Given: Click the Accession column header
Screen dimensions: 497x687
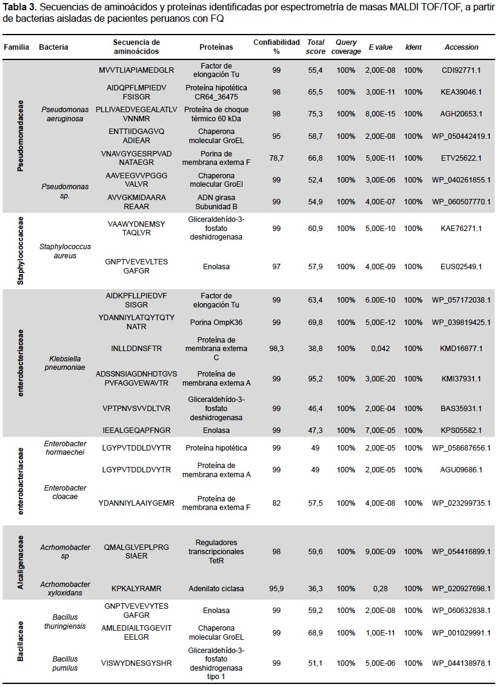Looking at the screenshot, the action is [x=461, y=47].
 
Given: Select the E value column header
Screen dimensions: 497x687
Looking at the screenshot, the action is [x=381, y=47].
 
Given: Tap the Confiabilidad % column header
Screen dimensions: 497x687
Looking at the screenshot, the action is [x=276, y=47].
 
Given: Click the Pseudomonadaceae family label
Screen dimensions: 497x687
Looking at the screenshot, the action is [x=20, y=136].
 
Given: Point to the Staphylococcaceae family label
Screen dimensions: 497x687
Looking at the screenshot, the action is [x=20, y=250].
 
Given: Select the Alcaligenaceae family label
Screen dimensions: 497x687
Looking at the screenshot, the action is [x=20, y=562].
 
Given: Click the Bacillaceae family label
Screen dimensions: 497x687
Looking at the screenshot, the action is [x=20, y=640].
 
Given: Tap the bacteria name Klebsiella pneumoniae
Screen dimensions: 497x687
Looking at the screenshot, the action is [x=65, y=363].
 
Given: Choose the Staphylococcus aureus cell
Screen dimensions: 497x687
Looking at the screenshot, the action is [x=65, y=251].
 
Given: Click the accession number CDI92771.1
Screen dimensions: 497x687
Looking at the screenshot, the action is [x=461, y=70].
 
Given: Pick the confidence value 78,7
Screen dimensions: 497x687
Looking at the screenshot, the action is [x=276, y=158].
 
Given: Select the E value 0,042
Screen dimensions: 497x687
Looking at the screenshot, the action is [x=381, y=349].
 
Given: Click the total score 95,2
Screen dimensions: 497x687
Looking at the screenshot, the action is [x=315, y=378].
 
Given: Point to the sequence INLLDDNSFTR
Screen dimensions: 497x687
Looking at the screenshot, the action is [x=136, y=349].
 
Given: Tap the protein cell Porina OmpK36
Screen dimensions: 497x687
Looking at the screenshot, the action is [x=216, y=323].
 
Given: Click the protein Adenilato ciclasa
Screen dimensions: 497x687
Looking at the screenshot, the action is [x=216, y=588].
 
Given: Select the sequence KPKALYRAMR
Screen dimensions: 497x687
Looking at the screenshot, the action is [x=136, y=588].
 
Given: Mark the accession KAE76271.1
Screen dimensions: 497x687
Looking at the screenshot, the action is [x=461, y=228].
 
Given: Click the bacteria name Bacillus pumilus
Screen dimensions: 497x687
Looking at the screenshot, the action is [x=65, y=663].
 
